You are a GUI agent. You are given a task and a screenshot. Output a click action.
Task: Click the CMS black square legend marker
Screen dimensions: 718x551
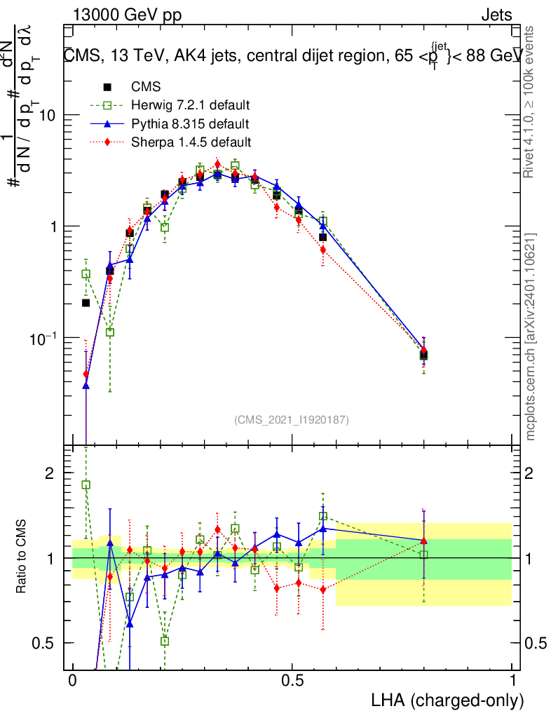coord(108,88)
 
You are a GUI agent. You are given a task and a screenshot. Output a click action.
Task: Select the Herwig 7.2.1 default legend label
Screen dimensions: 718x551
coord(191,106)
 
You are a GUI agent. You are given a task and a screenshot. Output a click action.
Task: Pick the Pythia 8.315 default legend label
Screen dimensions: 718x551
coord(189,124)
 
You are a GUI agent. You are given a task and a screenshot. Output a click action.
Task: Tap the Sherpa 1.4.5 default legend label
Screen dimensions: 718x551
coord(191,142)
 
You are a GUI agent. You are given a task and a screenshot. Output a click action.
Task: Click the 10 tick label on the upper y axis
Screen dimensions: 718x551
coord(46,115)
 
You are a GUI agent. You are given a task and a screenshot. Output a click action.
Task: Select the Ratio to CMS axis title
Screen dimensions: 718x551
coord(22,558)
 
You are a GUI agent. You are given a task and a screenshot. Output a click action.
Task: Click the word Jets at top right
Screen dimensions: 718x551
coord(496,15)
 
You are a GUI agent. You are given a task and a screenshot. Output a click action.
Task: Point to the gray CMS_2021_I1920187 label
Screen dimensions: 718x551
coord(292,419)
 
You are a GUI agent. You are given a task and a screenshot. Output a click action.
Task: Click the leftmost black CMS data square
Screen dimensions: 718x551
coord(86,303)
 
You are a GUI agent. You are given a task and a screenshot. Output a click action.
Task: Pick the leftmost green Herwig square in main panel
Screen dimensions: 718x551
coord(86,274)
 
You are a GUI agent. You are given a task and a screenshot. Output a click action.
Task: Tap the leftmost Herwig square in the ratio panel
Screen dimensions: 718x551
coord(86,485)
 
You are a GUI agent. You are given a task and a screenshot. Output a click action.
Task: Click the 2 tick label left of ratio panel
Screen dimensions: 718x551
coord(50,473)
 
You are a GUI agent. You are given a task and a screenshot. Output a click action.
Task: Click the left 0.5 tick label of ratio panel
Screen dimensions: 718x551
coord(46,643)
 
